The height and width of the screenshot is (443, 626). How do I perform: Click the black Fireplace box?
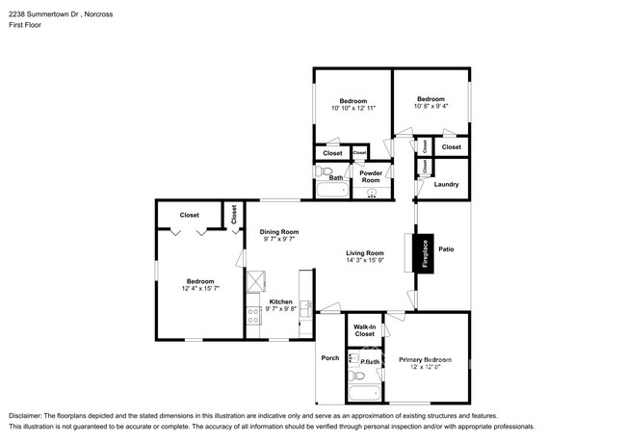[421, 252]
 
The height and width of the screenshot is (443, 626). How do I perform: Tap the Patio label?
[446, 248]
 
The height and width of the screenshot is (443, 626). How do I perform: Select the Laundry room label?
[446, 184]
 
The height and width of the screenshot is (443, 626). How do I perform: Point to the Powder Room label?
[371, 177]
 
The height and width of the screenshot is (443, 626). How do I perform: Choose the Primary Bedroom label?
[426, 360]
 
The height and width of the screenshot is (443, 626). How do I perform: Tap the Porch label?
[330, 357]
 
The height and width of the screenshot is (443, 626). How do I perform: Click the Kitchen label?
[280, 302]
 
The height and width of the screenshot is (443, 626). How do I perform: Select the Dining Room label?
[279, 231]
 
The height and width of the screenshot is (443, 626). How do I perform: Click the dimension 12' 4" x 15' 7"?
[200, 288]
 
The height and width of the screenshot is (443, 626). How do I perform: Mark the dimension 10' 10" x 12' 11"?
[351, 109]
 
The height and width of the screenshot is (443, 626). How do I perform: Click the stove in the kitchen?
[254, 315]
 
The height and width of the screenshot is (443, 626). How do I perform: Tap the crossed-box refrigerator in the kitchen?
[258, 281]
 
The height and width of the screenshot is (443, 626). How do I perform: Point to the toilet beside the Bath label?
[325, 174]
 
